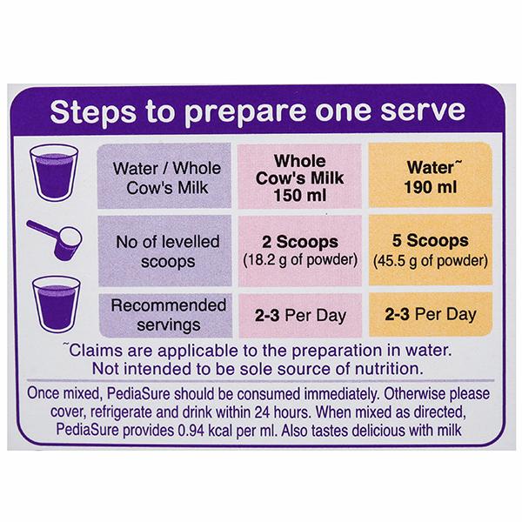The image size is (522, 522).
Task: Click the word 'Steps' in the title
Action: (x=93, y=112)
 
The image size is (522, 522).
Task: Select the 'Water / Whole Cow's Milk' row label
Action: (x=167, y=177)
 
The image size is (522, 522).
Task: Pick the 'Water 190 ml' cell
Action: (x=431, y=177)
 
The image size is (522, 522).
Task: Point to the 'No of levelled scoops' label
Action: (x=167, y=251)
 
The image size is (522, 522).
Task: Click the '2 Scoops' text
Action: (x=300, y=242)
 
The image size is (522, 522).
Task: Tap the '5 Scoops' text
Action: (x=430, y=240)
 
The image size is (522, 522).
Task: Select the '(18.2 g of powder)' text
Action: (x=300, y=260)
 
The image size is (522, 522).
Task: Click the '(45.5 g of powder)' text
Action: (x=431, y=261)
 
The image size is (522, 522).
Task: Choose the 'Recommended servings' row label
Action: (x=169, y=315)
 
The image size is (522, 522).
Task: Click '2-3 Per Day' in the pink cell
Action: (x=301, y=315)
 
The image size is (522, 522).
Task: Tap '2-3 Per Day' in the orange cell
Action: (x=431, y=314)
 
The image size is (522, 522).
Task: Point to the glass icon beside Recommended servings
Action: (x=57, y=304)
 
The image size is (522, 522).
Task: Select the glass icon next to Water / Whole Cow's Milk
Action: (x=54, y=172)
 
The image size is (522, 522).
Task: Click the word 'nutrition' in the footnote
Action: (x=389, y=369)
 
